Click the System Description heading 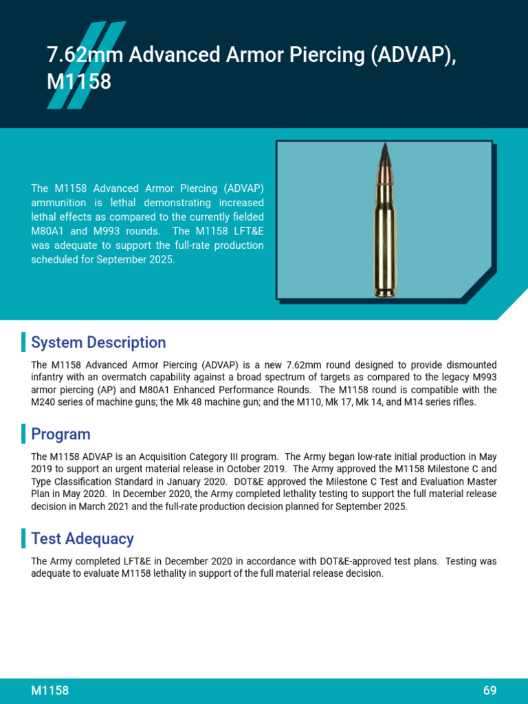(98, 342)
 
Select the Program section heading (60, 434)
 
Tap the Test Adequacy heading (82, 539)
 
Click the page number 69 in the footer (489, 691)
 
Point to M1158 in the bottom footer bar (50, 691)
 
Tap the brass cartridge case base (384, 289)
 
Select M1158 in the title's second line (78, 82)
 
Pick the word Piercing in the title (323, 56)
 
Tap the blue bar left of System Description (23, 342)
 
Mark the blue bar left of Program (23, 434)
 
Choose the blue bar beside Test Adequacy (23, 539)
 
